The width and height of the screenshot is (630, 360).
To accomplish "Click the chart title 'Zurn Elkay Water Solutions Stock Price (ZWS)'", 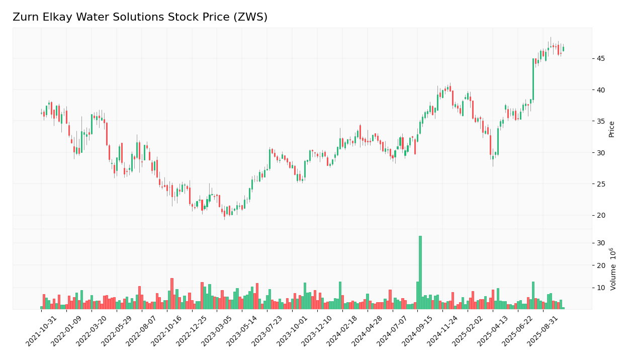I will click(140, 18).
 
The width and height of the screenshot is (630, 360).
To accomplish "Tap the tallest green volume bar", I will click(420, 272).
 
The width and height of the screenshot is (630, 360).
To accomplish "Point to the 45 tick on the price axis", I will click(601, 59).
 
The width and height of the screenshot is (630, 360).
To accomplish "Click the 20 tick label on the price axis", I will click(601, 215).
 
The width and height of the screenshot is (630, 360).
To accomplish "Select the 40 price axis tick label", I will click(601, 90).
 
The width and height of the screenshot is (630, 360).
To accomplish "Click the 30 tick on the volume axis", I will click(601, 243).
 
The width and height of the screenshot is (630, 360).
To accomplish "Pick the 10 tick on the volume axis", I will click(601, 288).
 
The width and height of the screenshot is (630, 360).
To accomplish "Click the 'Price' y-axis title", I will click(612, 129).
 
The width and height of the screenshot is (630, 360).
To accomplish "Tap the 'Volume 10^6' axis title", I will click(613, 269).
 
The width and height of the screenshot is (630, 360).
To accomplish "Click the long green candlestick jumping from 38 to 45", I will click(533, 79).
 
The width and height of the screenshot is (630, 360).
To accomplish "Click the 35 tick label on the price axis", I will click(601, 121).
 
